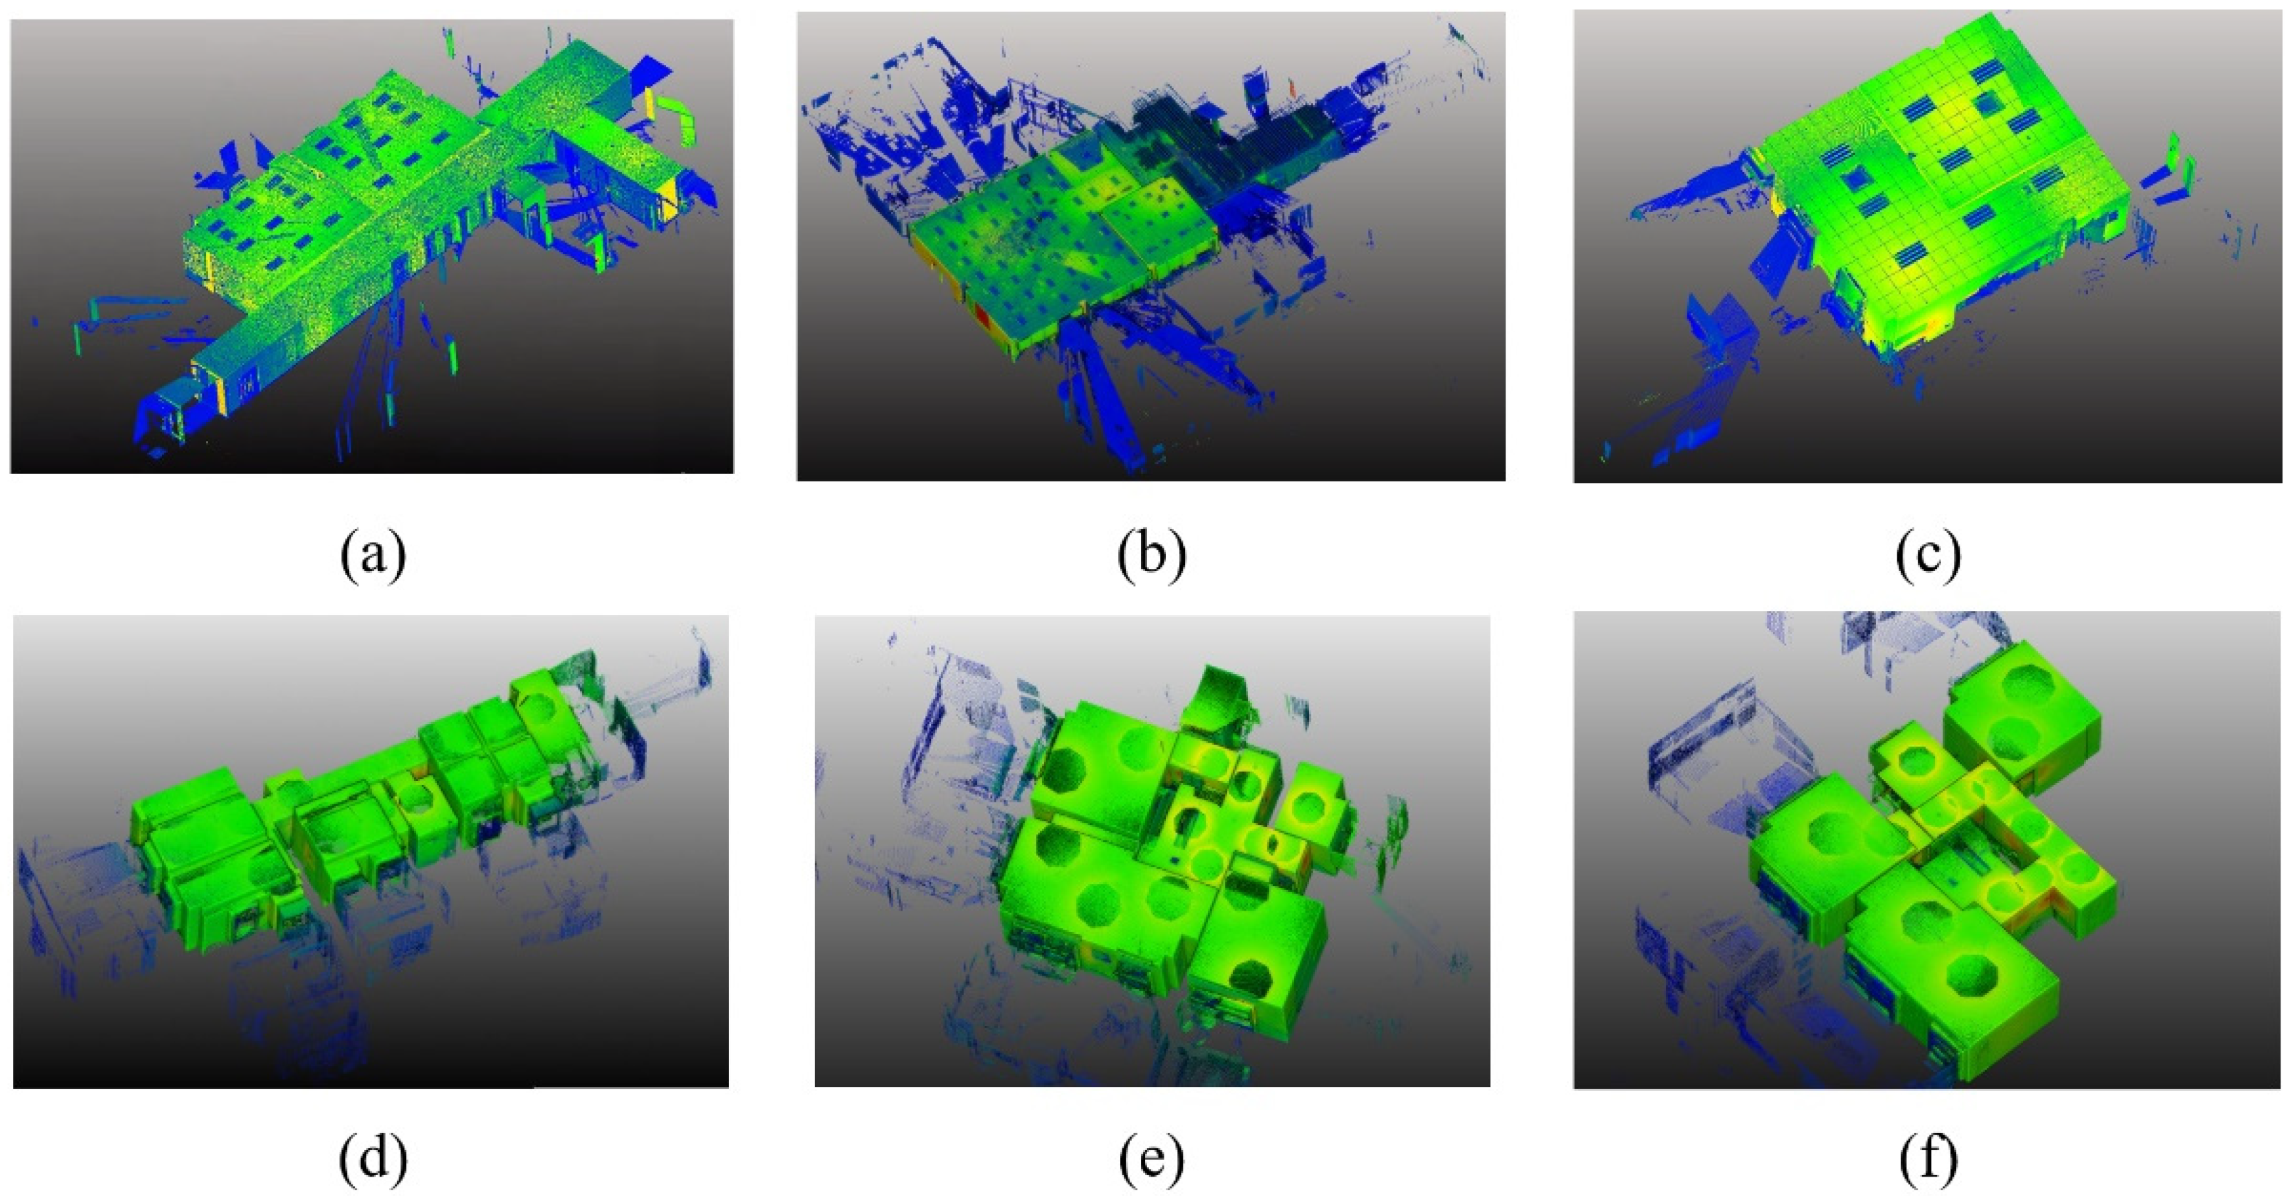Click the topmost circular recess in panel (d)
coord(541,709)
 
